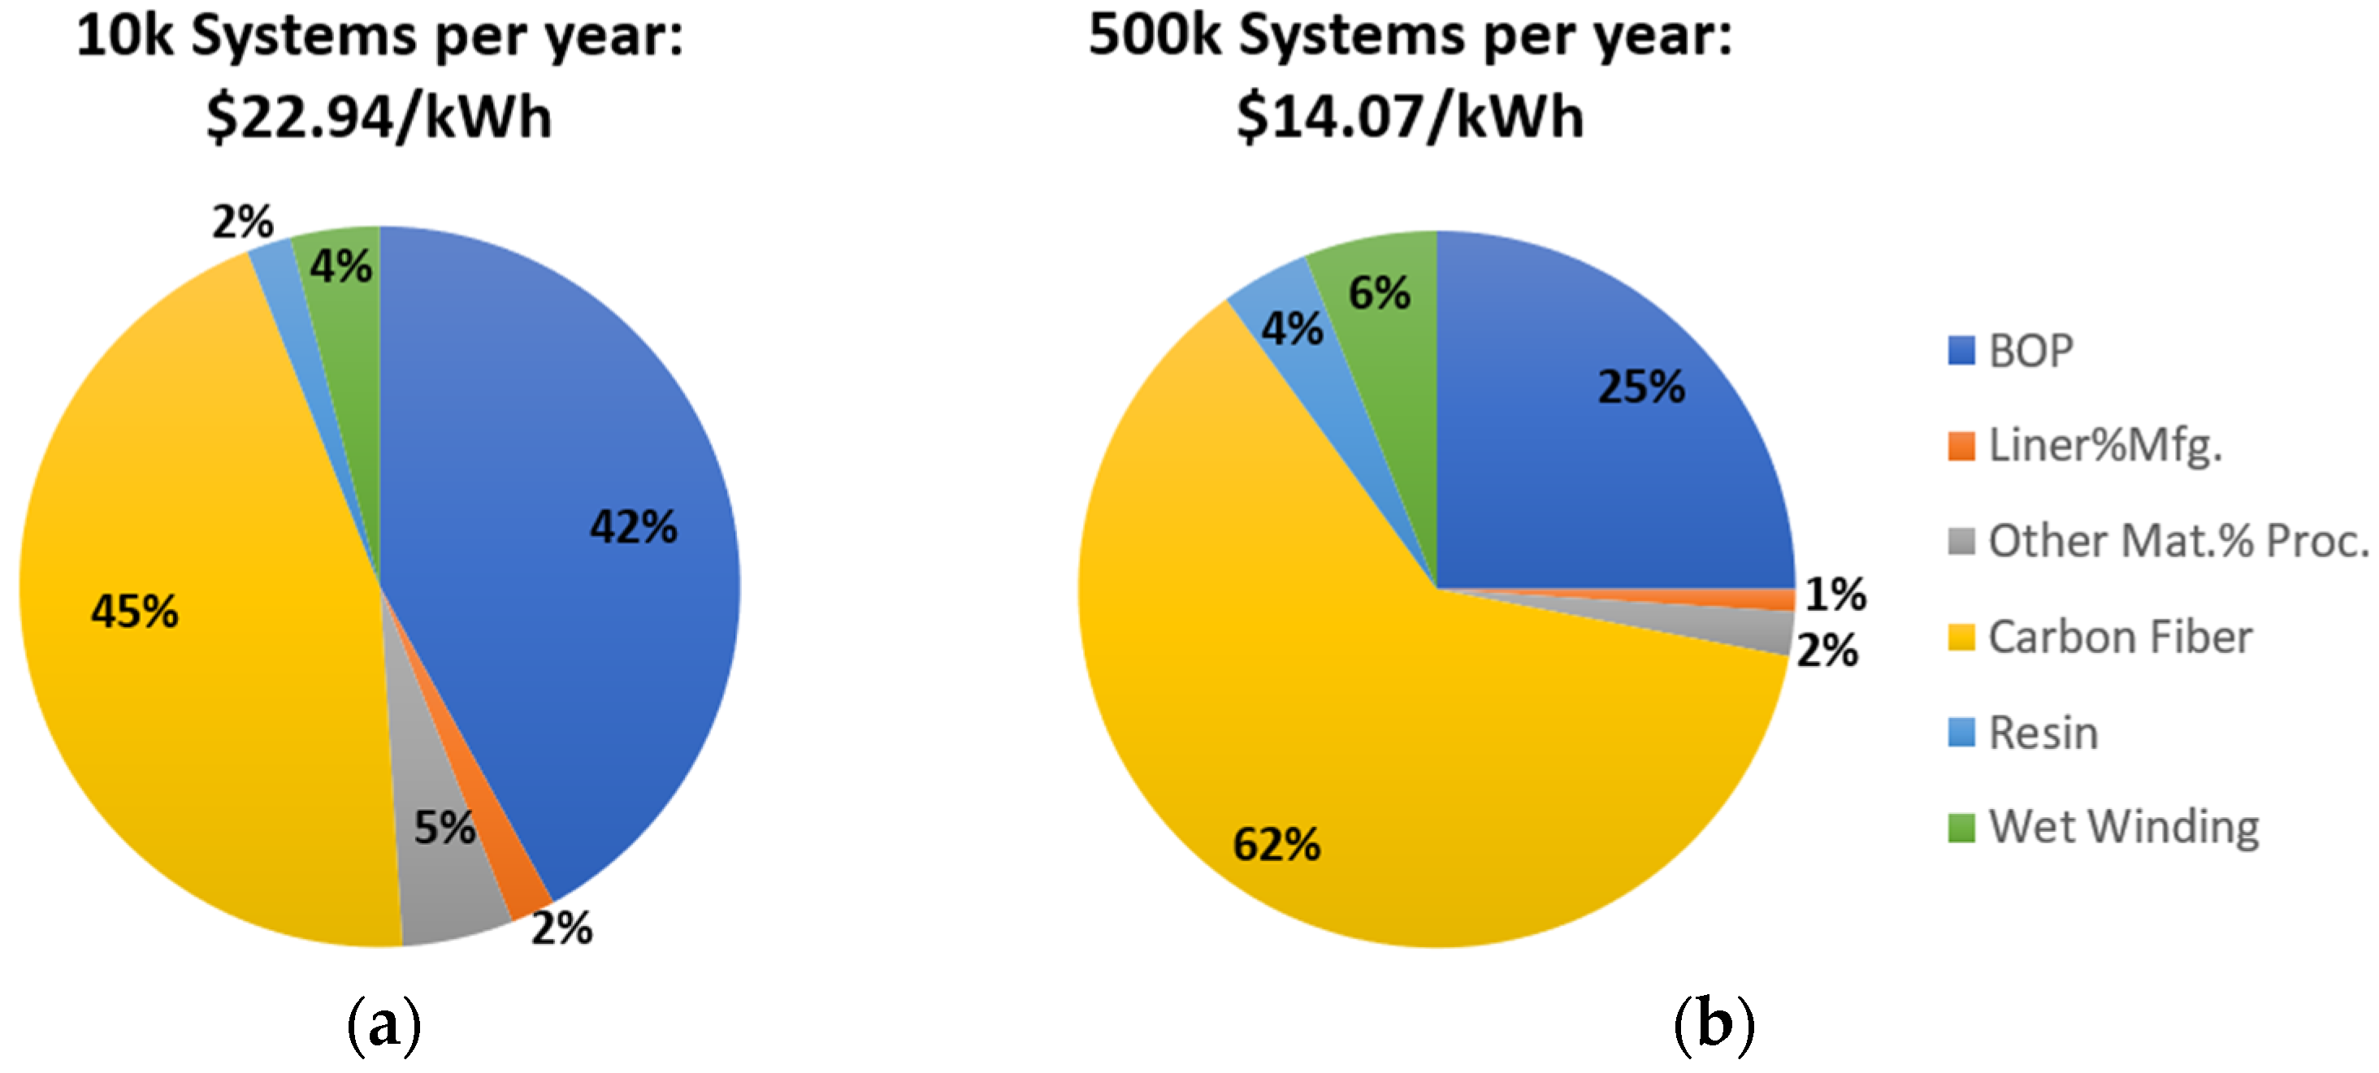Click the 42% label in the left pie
[x=634, y=527]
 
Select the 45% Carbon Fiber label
[x=135, y=612]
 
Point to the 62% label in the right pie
[x=1276, y=844]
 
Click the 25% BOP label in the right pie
[x=1641, y=387]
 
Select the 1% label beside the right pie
[x=1835, y=594]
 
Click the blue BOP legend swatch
[x=1961, y=351]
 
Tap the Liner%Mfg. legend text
[x=2104, y=446]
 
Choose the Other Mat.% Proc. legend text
[x=2178, y=541]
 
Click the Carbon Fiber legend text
[x=2120, y=637]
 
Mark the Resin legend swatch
[x=1961, y=733]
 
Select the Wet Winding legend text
[x=2123, y=828]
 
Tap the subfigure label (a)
[x=383, y=1025]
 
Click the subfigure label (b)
[x=1714, y=1025]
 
